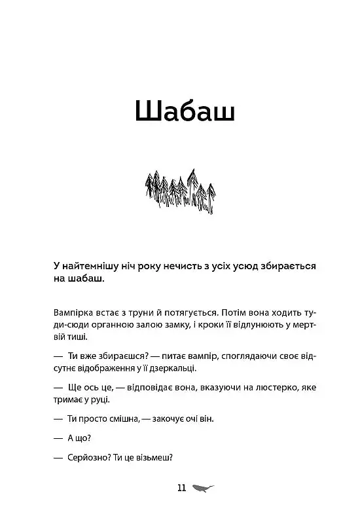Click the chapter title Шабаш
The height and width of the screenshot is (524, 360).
[x=184, y=112]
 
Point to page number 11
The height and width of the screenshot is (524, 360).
[x=182, y=488]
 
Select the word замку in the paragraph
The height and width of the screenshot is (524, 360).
[x=178, y=324]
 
